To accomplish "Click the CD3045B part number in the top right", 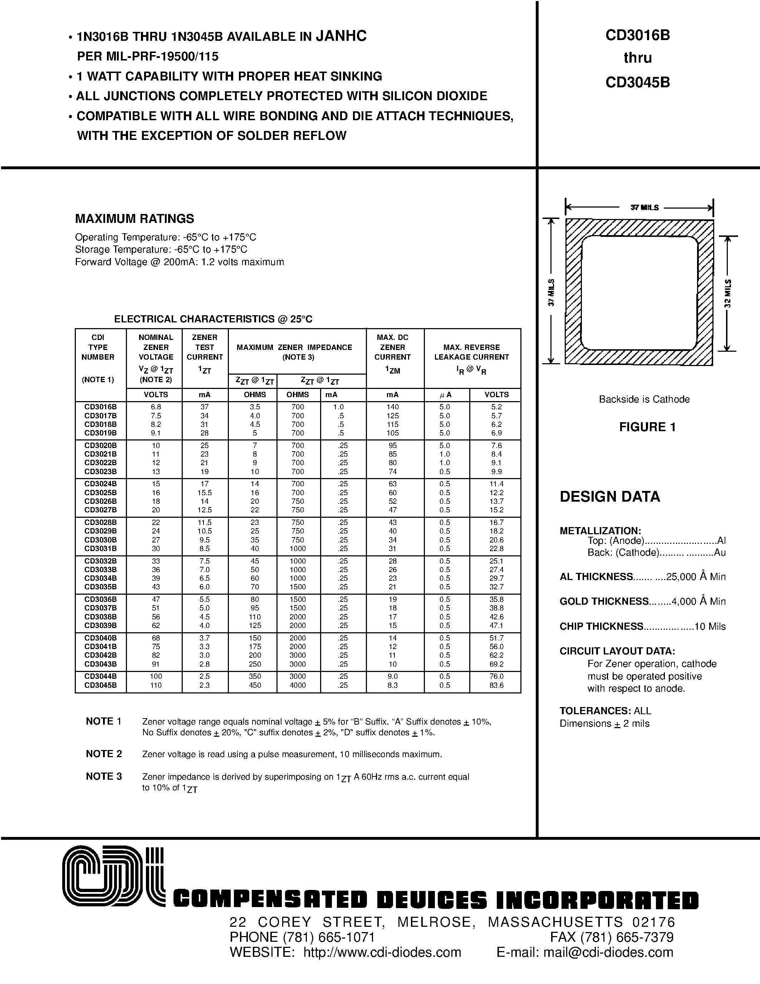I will click(638, 82).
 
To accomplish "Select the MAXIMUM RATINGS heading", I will click(134, 219).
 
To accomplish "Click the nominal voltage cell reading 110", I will click(156, 685).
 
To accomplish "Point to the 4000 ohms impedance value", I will click(298, 685).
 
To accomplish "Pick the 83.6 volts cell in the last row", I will click(496, 685).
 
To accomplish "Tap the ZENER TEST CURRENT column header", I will click(205, 347).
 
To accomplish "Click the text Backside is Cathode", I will click(644, 399).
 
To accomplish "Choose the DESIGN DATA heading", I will click(610, 497).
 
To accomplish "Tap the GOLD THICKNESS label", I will click(604, 601).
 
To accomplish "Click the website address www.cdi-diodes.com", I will click(382, 952).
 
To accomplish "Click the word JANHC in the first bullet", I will click(341, 36).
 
